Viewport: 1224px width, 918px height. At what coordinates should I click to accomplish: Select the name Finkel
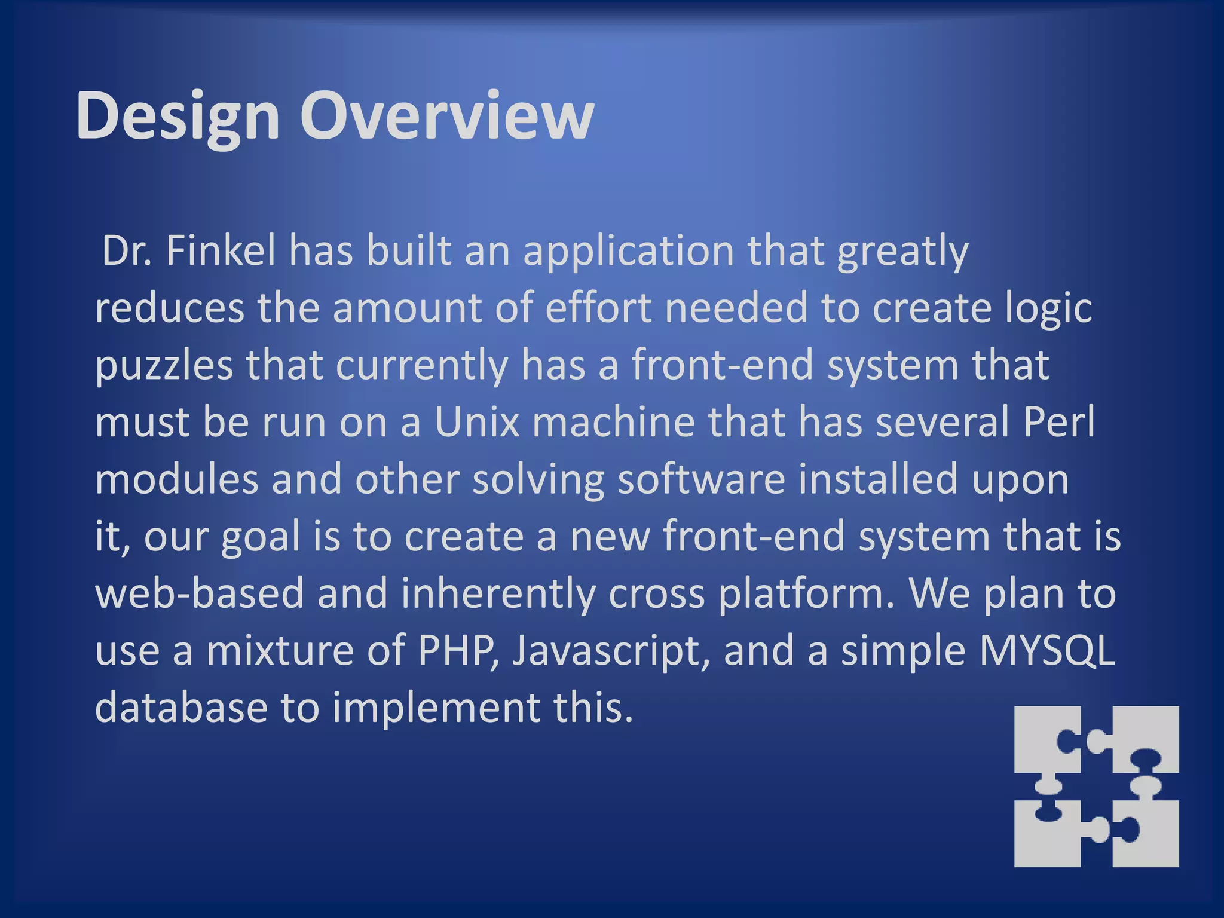coord(221,250)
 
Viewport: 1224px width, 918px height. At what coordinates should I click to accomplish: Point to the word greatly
coord(902,250)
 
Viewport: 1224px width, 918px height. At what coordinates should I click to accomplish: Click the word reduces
coord(170,308)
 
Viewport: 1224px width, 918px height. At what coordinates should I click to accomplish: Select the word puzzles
coord(164,365)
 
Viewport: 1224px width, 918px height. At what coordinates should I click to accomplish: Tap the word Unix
coord(477,422)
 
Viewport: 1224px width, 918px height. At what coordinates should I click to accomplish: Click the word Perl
coord(1059,422)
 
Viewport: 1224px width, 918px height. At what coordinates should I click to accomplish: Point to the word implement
coord(436,708)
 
